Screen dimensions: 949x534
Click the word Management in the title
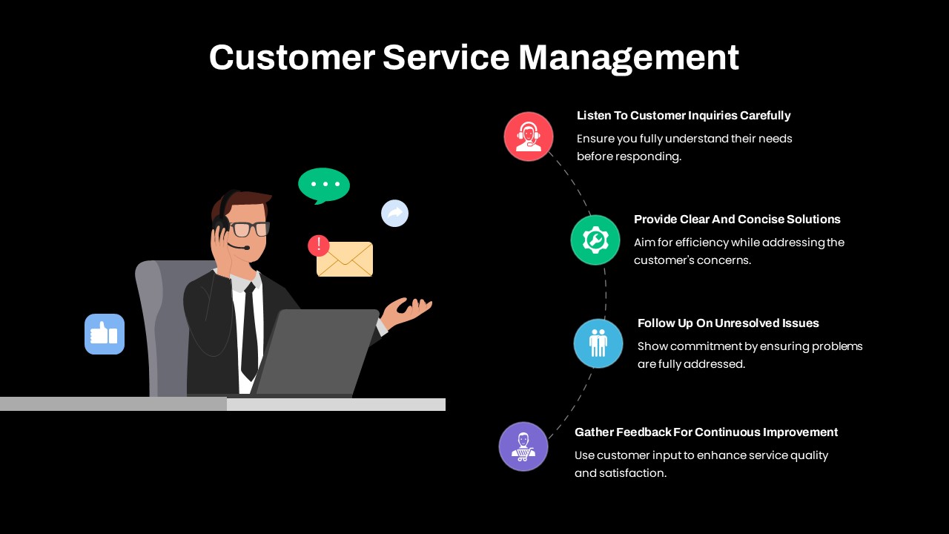pyautogui.click(x=629, y=59)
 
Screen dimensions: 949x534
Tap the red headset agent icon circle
pyautogui.click(x=529, y=136)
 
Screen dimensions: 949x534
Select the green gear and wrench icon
pyautogui.click(x=595, y=240)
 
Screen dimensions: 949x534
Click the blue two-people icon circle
pyautogui.click(x=598, y=343)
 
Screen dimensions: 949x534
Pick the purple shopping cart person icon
pyautogui.click(x=523, y=446)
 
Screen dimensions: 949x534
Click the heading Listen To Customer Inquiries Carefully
pyautogui.click(x=684, y=116)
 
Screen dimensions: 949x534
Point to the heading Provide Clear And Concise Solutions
pyautogui.click(x=737, y=219)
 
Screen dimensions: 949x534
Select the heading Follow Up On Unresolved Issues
pyautogui.click(x=728, y=323)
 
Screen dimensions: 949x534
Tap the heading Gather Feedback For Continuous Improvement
pyautogui.click(x=706, y=432)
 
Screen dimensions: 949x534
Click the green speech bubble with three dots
pyautogui.click(x=324, y=185)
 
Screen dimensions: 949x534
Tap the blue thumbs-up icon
pyautogui.click(x=105, y=334)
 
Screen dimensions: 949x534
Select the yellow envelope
pyautogui.click(x=345, y=259)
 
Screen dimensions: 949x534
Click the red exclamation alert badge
pyautogui.click(x=319, y=245)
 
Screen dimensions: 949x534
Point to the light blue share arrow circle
pyautogui.click(x=395, y=213)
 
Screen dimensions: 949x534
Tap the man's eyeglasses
pyautogui.click(x=248, y=229)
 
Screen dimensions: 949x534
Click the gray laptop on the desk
pyautogui.click(x=315, y=352)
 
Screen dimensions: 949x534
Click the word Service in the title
pyautogui.click(x=446, y=58)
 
